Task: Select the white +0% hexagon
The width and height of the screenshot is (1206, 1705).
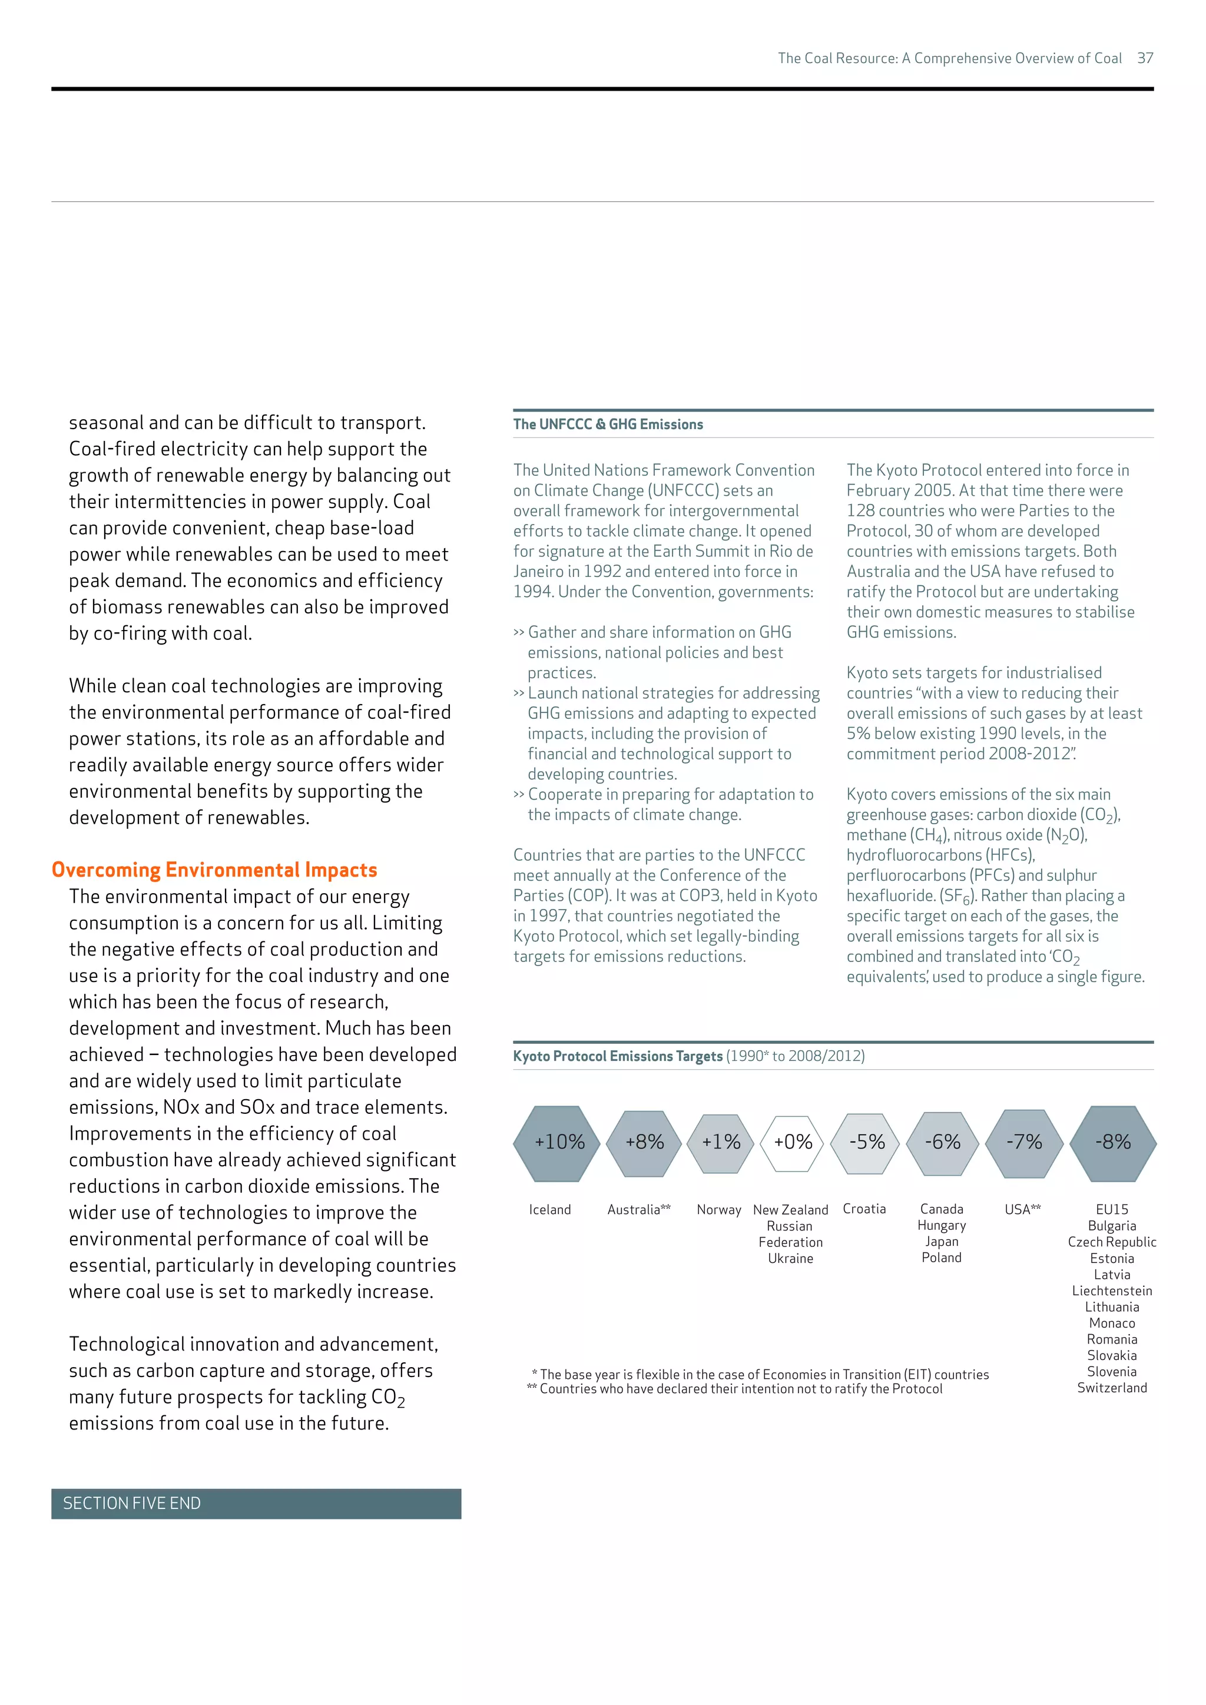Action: click(793, 1143)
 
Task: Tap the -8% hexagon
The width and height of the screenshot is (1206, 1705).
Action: click(1112, 1143)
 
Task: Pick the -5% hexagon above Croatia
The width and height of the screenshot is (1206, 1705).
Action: click(866, 1143)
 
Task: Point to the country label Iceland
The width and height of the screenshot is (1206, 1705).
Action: click(549, 1210)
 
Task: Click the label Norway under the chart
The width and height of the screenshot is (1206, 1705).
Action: click(718, 1210)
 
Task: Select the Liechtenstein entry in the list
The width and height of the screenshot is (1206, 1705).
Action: click(1112, 1291)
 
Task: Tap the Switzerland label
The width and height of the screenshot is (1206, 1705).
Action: click(1112, 1388)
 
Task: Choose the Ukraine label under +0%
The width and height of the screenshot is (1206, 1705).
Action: click(790, 1259)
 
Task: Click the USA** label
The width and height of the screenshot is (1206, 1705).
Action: click(1023, 1210)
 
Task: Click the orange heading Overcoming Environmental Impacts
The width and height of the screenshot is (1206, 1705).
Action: click(214, 870)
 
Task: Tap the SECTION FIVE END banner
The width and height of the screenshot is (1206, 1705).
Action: click(256, 1504)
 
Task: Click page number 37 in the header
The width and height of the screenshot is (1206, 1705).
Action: click(1144, 58)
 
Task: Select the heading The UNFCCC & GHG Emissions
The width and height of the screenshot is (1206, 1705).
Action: click(608, 424)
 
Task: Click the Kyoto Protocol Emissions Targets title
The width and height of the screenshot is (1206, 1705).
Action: click(617, 1056)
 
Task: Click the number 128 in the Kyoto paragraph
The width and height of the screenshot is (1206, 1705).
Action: click(860, 511)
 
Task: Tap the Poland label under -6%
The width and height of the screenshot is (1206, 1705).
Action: click(941, 1258)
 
